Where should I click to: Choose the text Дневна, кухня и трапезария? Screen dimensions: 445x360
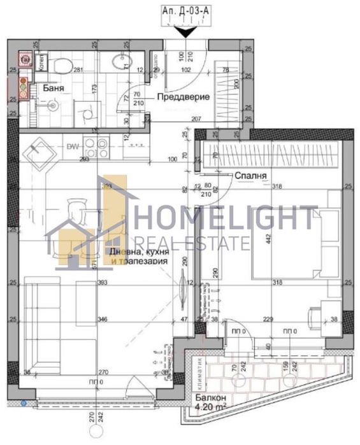pyautogui.click(x=138, y=257)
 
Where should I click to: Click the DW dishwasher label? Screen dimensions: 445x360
pyautogui.click(x=72, y=146)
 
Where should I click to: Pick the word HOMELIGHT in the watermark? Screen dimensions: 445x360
pyautogui.click(x=226, y=218)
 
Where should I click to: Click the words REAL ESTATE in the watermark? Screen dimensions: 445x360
pyautogui.click(x=191, y=243)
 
